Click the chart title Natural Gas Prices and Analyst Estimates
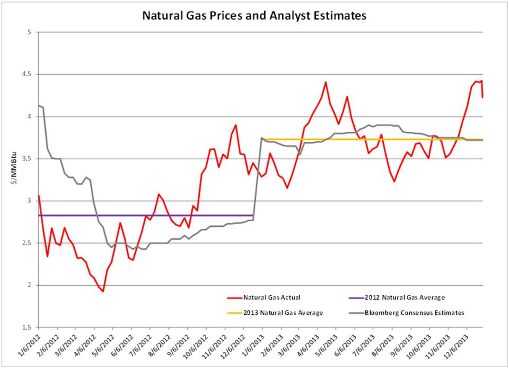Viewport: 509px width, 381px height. pyautogui.click(x=254, y=16)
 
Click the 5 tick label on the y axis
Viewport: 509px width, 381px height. pyautogui.click(x=30, y=32)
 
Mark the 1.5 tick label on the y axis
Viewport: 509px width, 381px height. pyautogui.click(x=28, y=328)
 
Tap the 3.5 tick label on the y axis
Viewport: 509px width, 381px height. pyautogui.click(x=28, y=159)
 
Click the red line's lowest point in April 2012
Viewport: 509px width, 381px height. pyautogui.click(x=103, y=291)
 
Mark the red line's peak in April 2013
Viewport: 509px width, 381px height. pyautogui.click(x=326, y=82)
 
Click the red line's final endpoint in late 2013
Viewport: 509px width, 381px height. pyautogui.click(x=482, y=97)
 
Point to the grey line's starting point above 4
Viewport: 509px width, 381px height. pyautogui.click(x=39, y=106)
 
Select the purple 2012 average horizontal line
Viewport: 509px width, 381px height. pyautogui.click(x=143, y=215)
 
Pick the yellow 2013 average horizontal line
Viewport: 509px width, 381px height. pyautogui.click(x=371, y=139)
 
